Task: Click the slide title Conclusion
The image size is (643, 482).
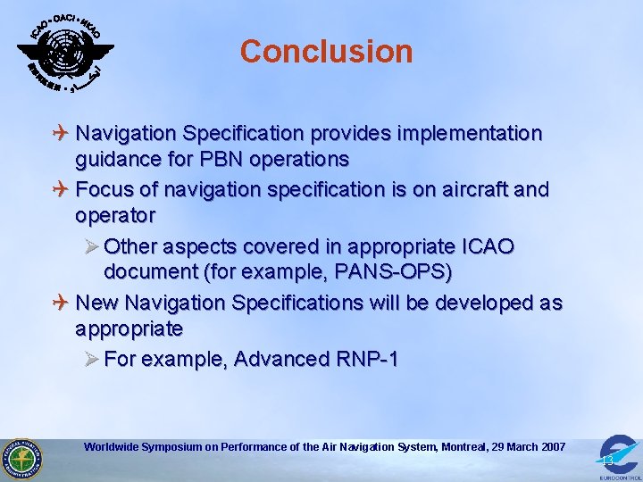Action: click(326, 51)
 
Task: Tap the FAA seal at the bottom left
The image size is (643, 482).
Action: click(21, 459)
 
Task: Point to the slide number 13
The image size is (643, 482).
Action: click(607, 460)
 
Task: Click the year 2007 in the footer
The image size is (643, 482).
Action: click(550, 446)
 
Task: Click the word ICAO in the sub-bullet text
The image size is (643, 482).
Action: click(483, 246)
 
